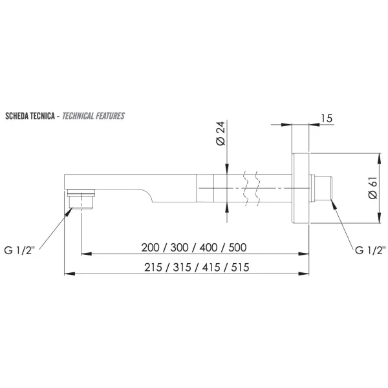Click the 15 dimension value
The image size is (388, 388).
(x=327, y=118)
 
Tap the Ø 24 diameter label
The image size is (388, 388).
(x=221, y=133)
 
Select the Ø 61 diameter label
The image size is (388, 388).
(x=372, y=188)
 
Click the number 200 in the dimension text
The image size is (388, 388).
(x=150, y=248)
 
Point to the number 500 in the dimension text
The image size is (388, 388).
(x=237, y=248)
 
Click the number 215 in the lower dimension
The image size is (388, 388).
(x=153, y=268)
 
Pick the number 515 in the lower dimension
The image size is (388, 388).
(x=241, y=268)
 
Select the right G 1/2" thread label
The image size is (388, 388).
(x=370, y=250)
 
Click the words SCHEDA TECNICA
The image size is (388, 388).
(x=30, y=116)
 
